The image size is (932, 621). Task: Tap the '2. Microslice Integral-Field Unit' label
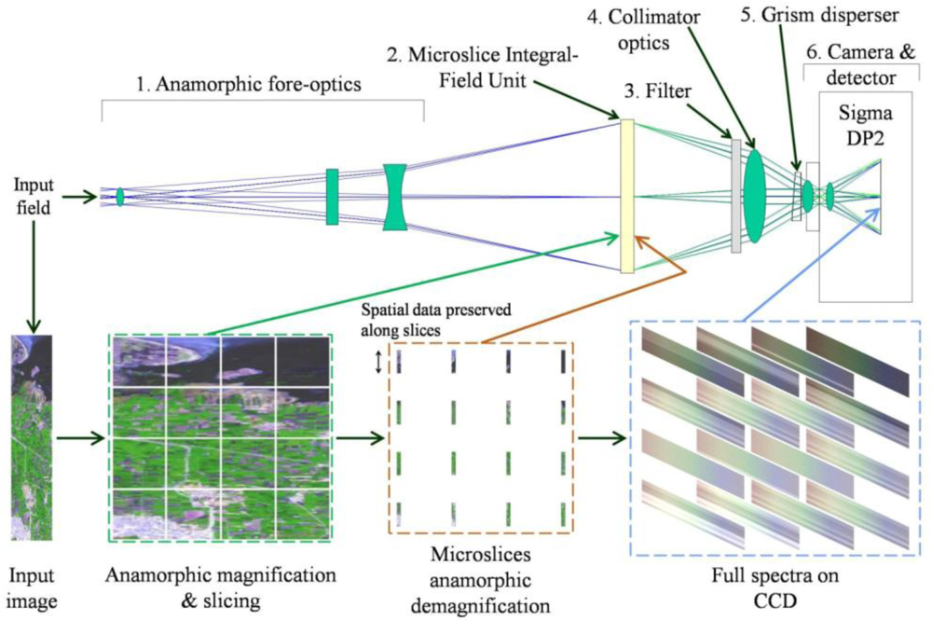click(x=482, y=67)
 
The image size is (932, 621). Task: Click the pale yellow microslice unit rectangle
click(x=627, y=196)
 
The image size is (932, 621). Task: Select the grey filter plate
click(x=736, y=196)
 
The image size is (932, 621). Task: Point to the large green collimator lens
click(x=755, y=196)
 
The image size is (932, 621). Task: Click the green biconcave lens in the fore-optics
click(x=395, y=197)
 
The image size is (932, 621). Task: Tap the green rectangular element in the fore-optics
click(x=332, y=197)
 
